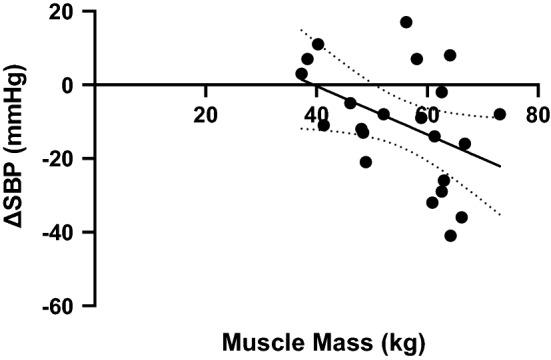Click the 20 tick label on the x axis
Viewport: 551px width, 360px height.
pyautogui.click(x=206, y=113)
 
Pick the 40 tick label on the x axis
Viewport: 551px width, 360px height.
pyautogui.click(x=317, y=113)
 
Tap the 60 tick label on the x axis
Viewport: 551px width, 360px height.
pyautogui.click(x=427, y=113)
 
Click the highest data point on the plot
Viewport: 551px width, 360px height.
pyautogui.click(x=406, y=22)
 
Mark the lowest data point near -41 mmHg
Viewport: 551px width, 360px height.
pyautogui.click(x=451, y=236)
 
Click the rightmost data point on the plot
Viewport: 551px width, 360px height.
pyautogui.click(x=500, y=114)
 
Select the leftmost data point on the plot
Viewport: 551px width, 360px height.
pyautogui.click(x=301, y=74)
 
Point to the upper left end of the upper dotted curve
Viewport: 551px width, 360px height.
pyautogui.click(x=301, y=30)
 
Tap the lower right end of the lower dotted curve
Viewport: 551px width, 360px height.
pyautogui.click(x=499, y=215)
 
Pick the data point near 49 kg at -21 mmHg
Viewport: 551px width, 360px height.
pyautogui.click(x=366, y=162)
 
